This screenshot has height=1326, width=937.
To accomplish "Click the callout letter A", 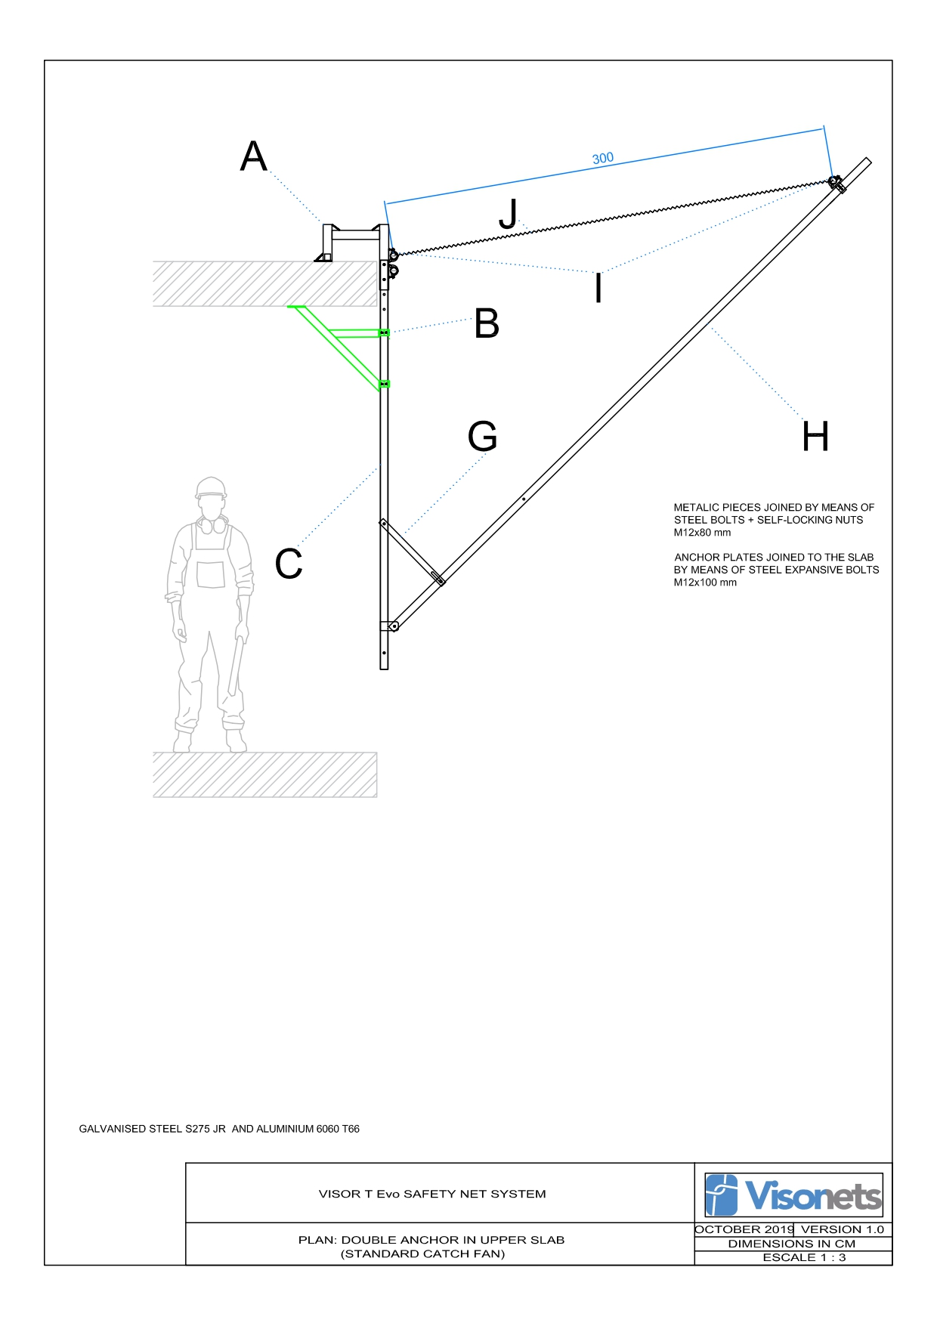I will [x=254, y=157].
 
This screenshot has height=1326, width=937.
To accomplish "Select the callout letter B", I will [x=487, y=323].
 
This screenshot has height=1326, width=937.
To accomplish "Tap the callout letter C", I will [x=289, y=564].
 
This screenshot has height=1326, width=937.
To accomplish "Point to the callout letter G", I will [x=483, y=436].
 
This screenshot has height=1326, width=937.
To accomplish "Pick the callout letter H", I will [x=815, y=437].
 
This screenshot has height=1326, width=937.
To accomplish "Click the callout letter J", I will [x=509, y=214].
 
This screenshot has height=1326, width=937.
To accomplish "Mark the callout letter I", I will [x=598, y=288].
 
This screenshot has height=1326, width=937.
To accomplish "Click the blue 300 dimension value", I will [x=603, y=159].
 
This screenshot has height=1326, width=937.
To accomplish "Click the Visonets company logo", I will [x=793, y=1195].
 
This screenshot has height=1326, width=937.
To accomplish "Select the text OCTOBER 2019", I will [x=744, y=1229].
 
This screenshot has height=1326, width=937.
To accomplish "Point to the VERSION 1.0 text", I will [x=843, y=1229].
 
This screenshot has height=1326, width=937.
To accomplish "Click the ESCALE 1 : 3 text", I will [x=804, y=1257].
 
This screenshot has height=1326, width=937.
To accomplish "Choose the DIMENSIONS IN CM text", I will [x=792, y=1244].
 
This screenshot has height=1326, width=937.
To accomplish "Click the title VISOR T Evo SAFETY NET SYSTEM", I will [x=432, y=1194].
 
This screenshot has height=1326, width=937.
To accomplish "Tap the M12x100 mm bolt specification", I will [x=705, y=583].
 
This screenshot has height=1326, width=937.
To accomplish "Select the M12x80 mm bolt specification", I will [x=702, y=533].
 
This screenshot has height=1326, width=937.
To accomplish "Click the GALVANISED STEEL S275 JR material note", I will [x=219, y=1129].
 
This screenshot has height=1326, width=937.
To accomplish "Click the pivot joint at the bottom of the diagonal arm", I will [x=393, y=626].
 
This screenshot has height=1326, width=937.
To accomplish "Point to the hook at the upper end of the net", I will [x=835, y=182].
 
